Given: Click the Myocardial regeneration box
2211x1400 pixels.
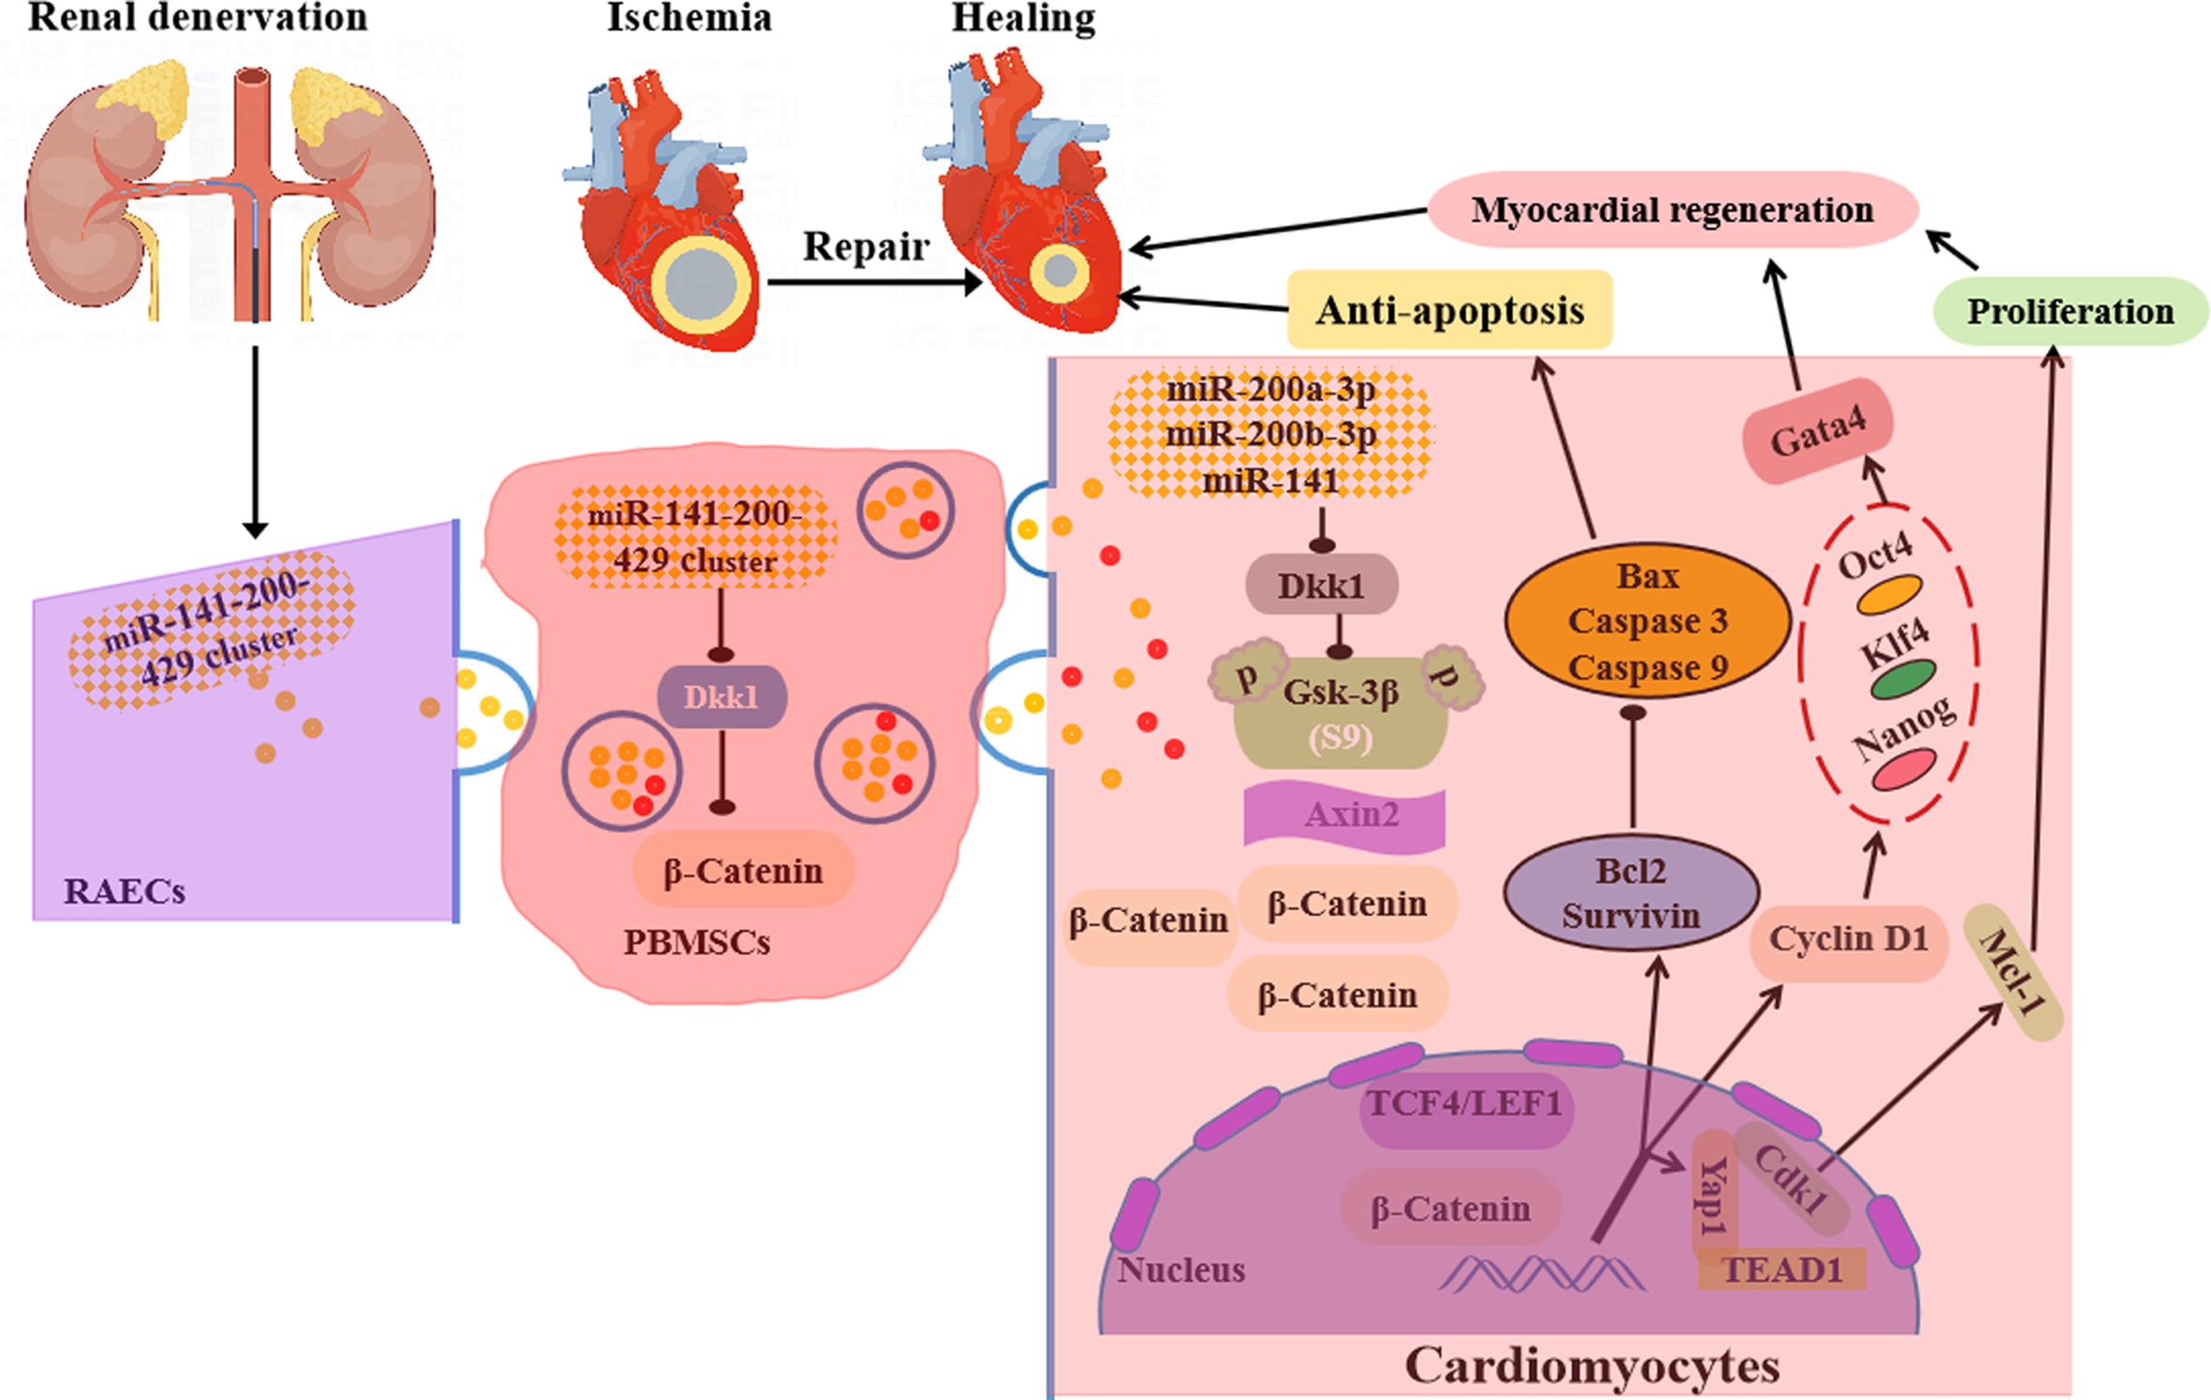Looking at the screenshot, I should [x=1672, y=210].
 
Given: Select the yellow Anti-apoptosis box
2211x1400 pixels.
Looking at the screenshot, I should [x=1450, y=310].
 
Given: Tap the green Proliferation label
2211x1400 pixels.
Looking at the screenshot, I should [x=2070, y=311].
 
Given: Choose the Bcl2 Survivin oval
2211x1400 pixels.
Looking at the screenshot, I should [x=1631, y=893].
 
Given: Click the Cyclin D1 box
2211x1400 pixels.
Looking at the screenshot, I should [x=1849, y=939].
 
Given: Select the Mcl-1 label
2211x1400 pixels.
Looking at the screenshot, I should [x=2013, y=971].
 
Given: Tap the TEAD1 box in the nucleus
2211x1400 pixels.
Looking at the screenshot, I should [x=1782, y=1271].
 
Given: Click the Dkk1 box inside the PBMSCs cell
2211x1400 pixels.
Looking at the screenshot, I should [x=721, y=697].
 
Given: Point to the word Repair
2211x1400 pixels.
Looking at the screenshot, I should [x=866, y=246].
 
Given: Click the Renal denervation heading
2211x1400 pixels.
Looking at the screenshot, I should [x=198, y=18].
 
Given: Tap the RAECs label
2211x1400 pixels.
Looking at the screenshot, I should [x=124, y=891].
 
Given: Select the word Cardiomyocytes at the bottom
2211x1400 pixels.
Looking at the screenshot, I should [x=1591, y=1365].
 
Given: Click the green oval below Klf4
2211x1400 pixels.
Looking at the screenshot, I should [x=1902, y=678].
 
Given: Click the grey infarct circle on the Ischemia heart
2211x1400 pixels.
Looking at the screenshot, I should [x=700, y=284].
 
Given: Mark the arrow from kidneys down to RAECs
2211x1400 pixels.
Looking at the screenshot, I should [x=255, y=440].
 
